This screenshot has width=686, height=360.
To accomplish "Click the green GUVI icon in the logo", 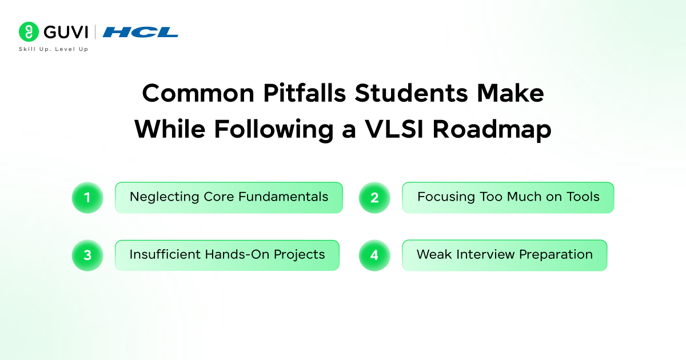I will pyautogui.click(x=28, y=31).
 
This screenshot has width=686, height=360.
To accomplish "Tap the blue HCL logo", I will pyautogui.click(x=141, y=32).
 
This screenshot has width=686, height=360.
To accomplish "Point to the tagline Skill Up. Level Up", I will pyautogui.click(x=54, y=49).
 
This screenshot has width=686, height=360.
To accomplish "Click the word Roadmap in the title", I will pyautogui.click(x=492, y=130).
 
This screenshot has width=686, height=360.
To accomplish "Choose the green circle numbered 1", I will pyautogui.click(x=87, y=198).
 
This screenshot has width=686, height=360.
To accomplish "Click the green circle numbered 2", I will pyautogui.click(x=374, y=198).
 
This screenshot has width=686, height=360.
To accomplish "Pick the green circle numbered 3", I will pyautogui.click(x=87, y=255).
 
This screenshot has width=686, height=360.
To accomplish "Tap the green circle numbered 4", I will pyautogui.click(x=374, y=255).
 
